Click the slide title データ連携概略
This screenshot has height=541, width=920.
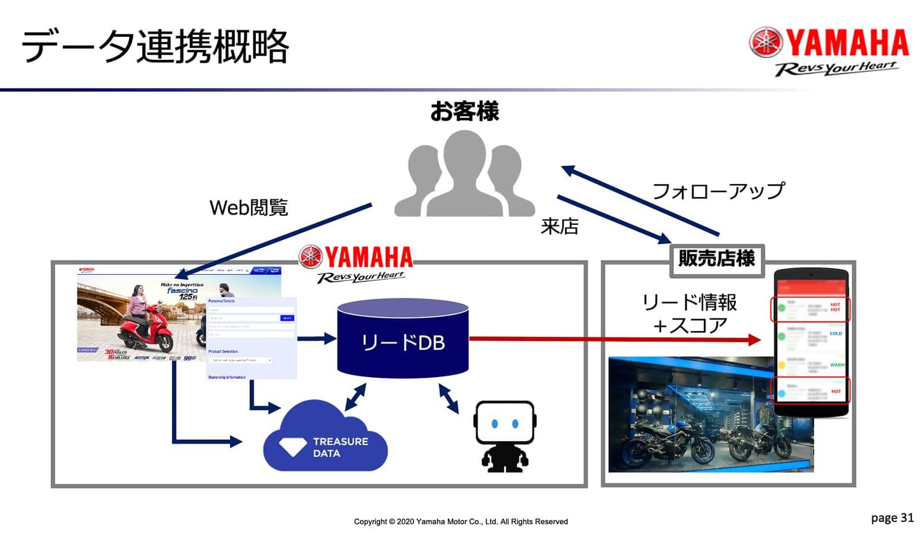155,47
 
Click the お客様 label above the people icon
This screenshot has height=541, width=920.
465,112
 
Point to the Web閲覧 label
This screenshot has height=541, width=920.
248,208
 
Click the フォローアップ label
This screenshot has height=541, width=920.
718,191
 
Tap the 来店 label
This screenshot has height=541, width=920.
559,227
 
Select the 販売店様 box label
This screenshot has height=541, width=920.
716,259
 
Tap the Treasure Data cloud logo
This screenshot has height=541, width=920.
325,437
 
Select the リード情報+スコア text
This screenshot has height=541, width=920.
689,314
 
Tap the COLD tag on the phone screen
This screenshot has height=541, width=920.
835,333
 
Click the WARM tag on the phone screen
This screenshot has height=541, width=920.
837,365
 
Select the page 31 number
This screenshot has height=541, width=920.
892,518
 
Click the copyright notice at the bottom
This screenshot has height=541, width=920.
461,521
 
